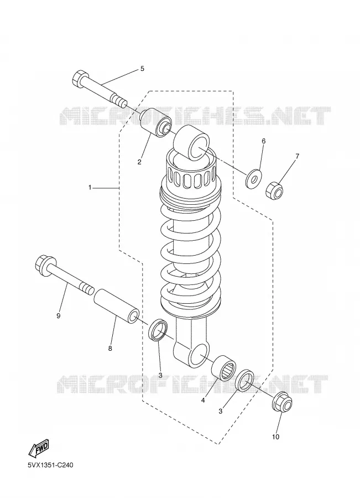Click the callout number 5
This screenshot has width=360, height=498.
pyautogui.click(x=142, y=69)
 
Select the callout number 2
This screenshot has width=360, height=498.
pyautogui.click(x=139, y=162)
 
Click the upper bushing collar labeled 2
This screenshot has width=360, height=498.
pyautogui.click(x=156, y=123)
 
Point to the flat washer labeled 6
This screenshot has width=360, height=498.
pyautogui.click(x=254, y=178)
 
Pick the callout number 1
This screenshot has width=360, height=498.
pyautogui.click(x=90, y=188)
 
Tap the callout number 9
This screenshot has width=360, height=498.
pyautogui.click(x=59, y=316)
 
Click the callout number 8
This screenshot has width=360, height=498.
pyautogui.click(x=110, y=349)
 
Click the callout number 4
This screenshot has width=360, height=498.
pyautogui.click(x=203, y=401)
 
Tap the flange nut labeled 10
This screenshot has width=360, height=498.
pyautogui.click(x=283, y=403)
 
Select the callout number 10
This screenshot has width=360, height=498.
pyautogui.click(x=276, y=437)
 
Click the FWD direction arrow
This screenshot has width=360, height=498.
pyautogui.click(x=39, y=449)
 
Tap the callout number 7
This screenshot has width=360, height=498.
pyautogui.click(x=297, y=156)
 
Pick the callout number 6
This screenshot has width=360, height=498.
pyautogui.click(x=263, y=141)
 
